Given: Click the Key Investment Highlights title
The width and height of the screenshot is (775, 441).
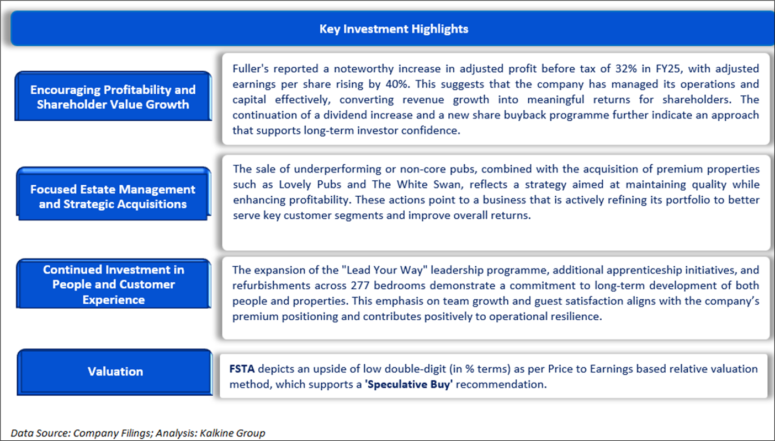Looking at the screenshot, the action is click(394, 29).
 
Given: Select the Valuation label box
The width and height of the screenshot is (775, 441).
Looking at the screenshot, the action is click(115, 372).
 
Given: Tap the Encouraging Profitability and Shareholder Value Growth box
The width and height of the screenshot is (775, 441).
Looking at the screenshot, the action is click(113, 96).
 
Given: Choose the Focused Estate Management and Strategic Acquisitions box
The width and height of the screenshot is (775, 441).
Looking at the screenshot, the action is click(114, 194).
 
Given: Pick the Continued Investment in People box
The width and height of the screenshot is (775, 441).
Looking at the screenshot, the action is click(114, 284).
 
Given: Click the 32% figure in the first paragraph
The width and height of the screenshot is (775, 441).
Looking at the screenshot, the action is click(626, 69).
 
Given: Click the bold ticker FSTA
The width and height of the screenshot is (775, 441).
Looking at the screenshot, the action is click(242, 369).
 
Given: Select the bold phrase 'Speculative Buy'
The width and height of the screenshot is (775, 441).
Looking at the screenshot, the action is click(408, 385).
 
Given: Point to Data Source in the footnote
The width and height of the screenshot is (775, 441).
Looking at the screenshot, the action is click(40, 433).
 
